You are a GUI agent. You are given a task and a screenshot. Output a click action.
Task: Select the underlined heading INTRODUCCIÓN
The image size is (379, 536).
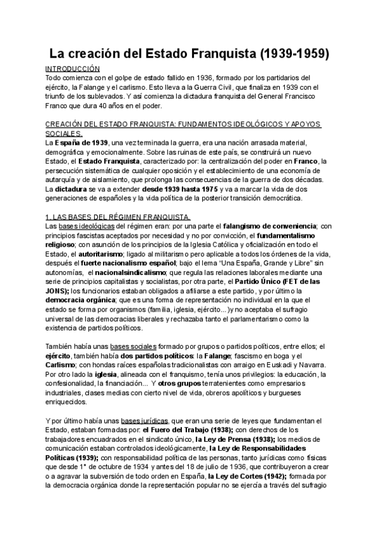coord(73,68)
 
